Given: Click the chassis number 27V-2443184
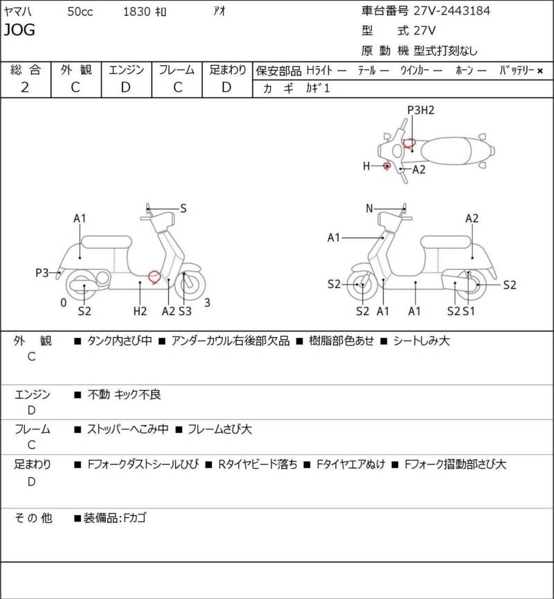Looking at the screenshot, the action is [x=452, y=10].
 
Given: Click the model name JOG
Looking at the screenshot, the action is [x=19, y=30].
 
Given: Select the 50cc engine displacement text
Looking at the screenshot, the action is [x=80, y=12].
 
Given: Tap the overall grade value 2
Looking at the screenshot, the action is [x=25, y=87].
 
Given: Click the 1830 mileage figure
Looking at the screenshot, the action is [x=136, y=12].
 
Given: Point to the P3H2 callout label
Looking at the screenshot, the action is [x=420, y=110].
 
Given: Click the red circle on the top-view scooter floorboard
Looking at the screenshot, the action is [x=409, y=143].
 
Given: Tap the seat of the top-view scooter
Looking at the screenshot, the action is [x=445, y=150].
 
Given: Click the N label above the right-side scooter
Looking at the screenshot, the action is [x=369, y=208].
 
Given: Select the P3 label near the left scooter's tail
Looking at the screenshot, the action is [x=42, y=273].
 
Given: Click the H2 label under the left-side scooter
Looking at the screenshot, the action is [x=140, y=312].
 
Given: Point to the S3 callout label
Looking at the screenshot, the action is [x=185, y=312].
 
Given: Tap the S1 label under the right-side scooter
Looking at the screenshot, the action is [x=469, y=312].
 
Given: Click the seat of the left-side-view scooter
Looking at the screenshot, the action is [x=107, y=242].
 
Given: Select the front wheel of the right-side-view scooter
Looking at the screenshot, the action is [x=361, y=285].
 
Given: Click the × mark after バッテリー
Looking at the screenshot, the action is [x=540, y=71].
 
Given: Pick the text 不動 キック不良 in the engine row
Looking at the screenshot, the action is [x=124, y=394].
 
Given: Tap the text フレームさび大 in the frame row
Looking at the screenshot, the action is [x=220, y=429].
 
